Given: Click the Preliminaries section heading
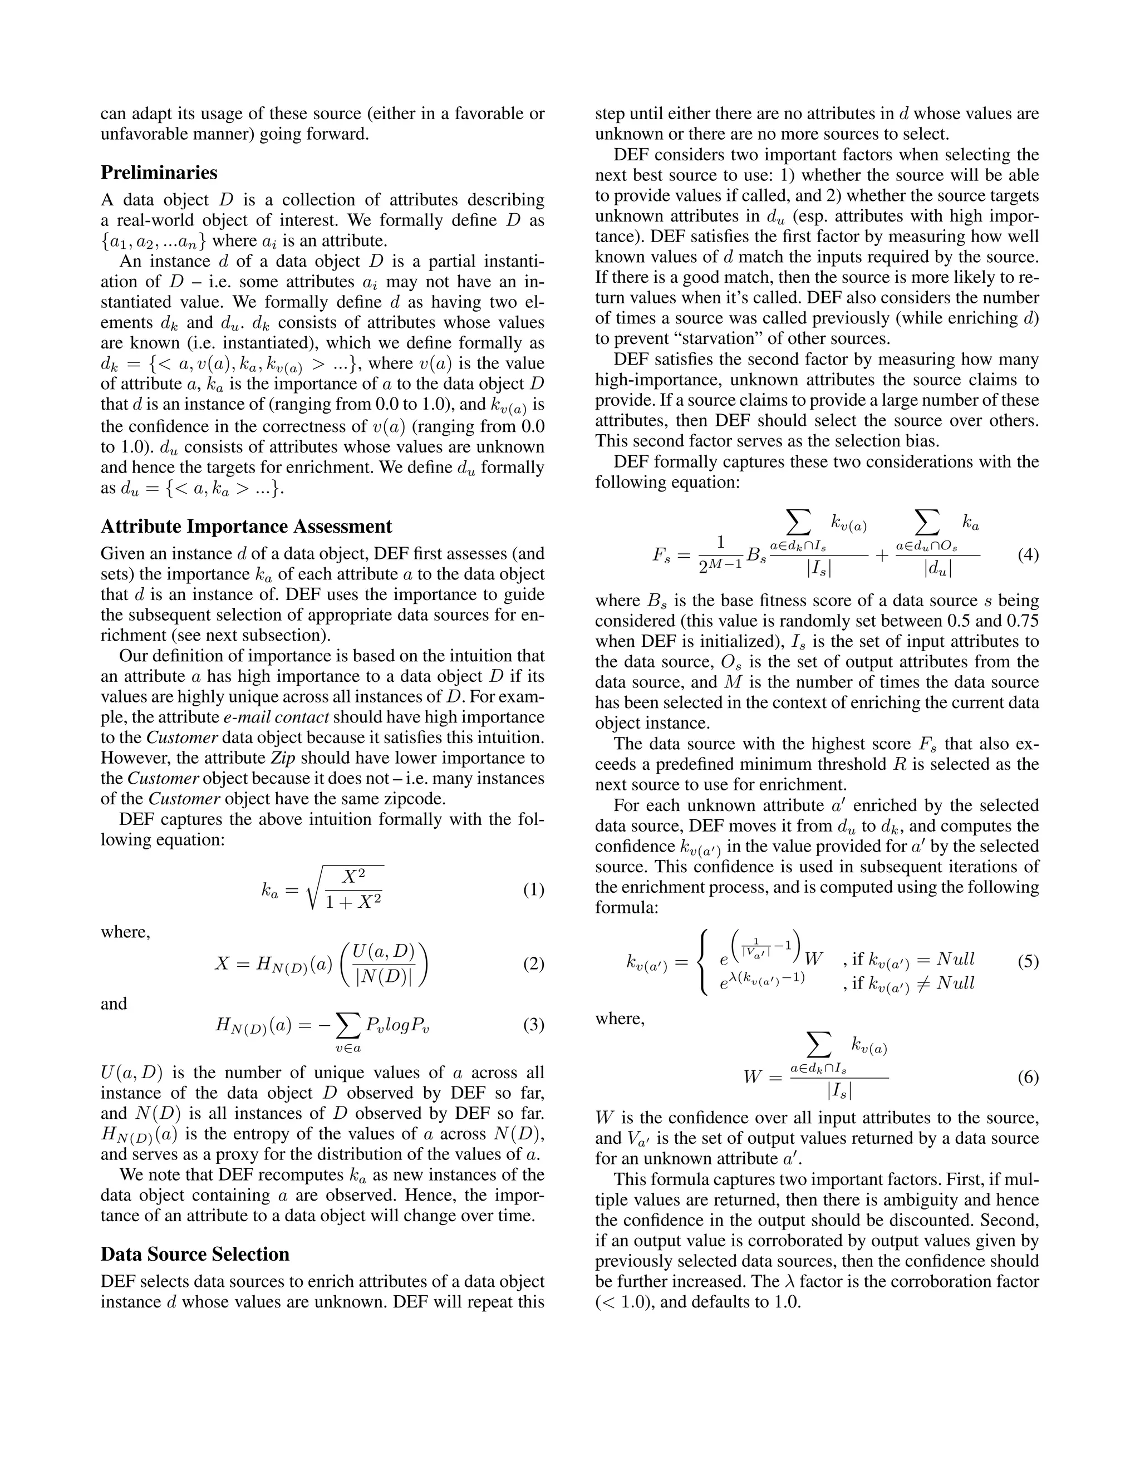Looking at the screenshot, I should click(x=159, y=173).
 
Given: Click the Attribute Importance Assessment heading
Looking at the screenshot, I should click(x=246, y=526).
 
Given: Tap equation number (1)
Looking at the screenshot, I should click(x=533, y=890).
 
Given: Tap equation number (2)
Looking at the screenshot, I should click(x=533, y=963).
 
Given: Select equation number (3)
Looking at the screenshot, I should click(x=533, y=1025).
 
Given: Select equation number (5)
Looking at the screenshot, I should click(x=1027, y=961).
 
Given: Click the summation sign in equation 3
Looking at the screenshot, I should click(x=348, y=1025).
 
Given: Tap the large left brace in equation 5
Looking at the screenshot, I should click(x=703, y=961).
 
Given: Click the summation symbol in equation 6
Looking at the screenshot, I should click(x=818, y=1047).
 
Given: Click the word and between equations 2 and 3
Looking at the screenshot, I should click(x=114, y=1004).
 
